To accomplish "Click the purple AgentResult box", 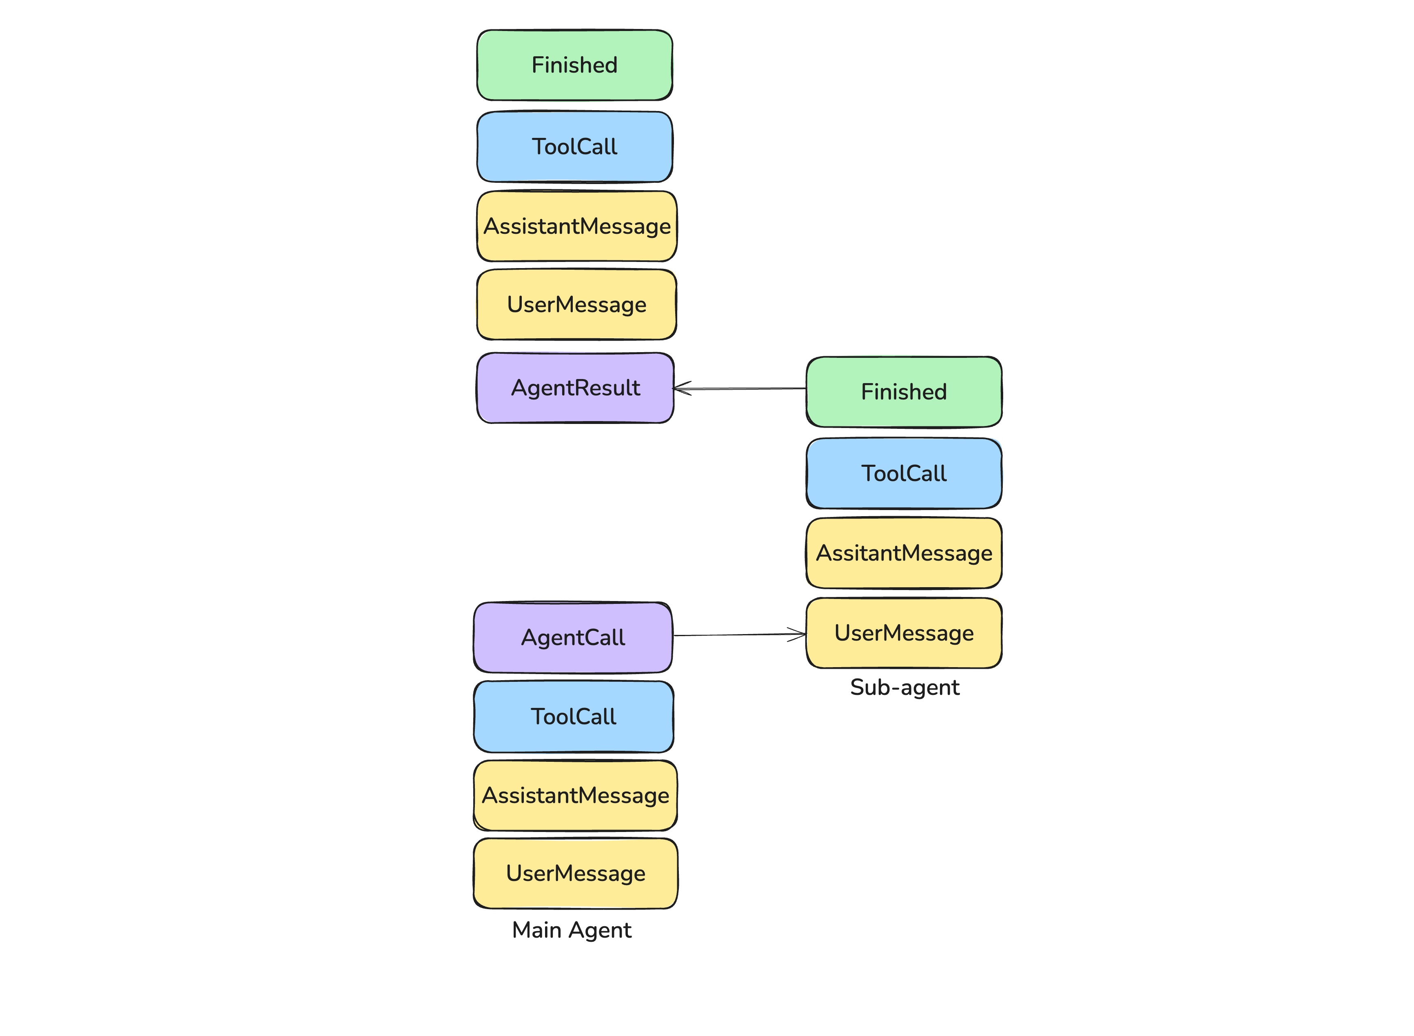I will click(x=574, y=388).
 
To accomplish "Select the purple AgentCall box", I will click(x=572, y=637).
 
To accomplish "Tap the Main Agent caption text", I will click(x=571, y=930).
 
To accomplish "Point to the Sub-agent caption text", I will click(x=904, y=687).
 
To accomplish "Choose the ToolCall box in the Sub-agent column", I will click(x=904, y=473).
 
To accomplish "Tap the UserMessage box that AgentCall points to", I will click(x=904, y=633).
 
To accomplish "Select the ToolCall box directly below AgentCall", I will click(x=573, y=716).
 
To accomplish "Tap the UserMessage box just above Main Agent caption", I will click(x=575, y=873).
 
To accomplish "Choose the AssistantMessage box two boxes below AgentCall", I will click(x=575, y=795).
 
